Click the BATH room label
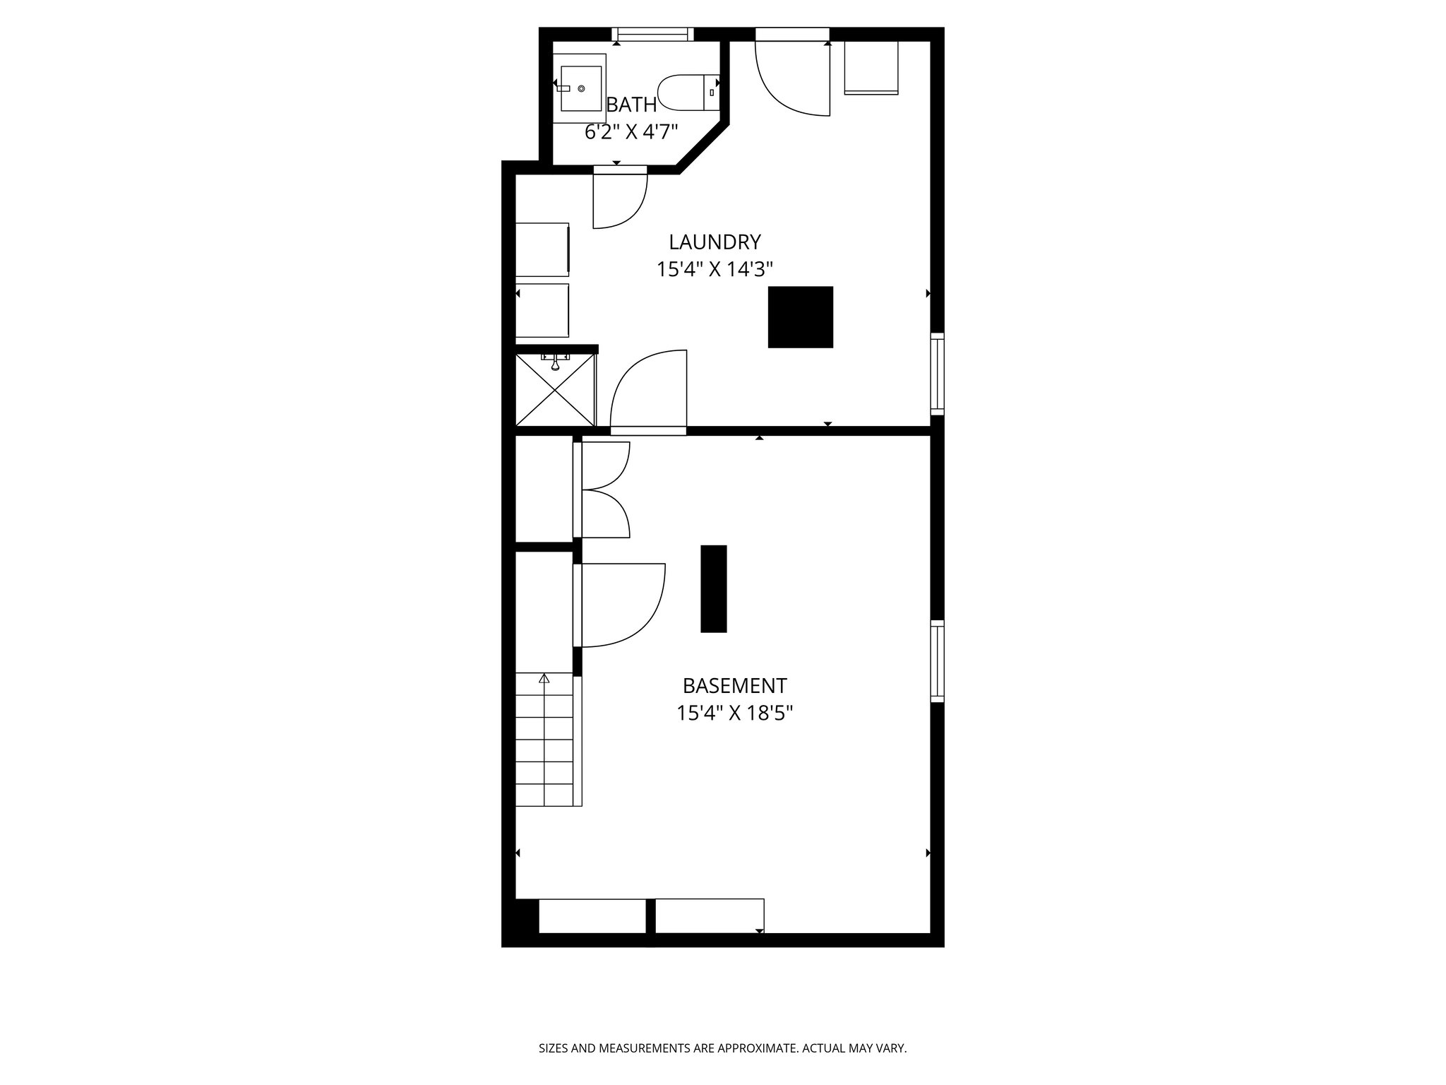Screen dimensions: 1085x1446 632,105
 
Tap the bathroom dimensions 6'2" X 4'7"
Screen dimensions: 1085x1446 631,131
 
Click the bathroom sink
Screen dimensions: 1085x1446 581,89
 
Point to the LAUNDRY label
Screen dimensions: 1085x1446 715,242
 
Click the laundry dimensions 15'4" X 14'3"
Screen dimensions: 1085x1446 715,269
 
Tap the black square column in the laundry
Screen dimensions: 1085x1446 800,317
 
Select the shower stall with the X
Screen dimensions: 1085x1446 555,391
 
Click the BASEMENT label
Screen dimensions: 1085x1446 734,686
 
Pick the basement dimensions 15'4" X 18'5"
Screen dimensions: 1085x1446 734,713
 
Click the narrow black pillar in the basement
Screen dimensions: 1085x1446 713,588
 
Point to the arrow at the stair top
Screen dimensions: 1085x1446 544,679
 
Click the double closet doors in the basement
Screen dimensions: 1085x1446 604,490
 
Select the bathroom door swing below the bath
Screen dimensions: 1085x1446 619,198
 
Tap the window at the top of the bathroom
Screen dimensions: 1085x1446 652,34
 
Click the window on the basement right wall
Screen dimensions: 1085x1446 937,661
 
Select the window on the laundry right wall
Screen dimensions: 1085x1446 937,374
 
